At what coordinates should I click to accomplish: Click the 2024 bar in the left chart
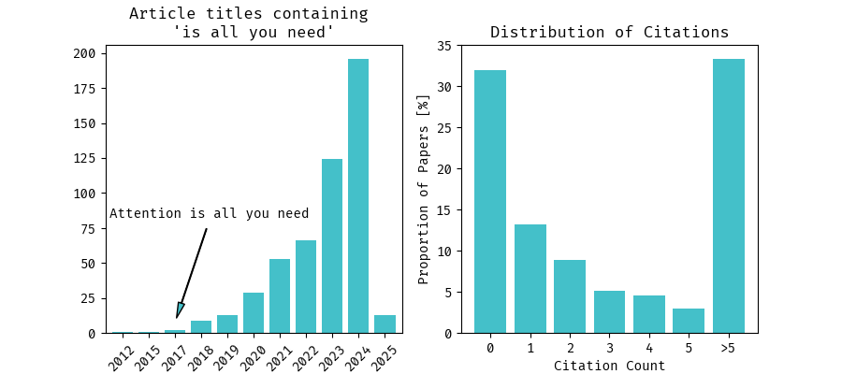[358, 196]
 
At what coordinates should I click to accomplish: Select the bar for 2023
[332, 246]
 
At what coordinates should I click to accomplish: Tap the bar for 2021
[280, 295]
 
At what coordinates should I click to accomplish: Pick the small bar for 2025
[385, 324]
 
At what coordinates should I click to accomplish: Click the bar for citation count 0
[490, 201]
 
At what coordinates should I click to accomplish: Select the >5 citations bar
[729, 196]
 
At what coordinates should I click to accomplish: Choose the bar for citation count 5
[689, 321]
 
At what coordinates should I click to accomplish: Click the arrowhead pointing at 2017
[180, 311]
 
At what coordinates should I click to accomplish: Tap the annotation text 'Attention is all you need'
[209, 213]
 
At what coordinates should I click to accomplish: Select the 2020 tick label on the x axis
[252, 356]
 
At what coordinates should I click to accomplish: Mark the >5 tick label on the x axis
[729, 349]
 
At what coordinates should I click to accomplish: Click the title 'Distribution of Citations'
[609, 33]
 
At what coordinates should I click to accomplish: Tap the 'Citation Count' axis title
[609, 366]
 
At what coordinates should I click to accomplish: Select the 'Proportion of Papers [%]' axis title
[423, 189]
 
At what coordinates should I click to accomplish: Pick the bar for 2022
[306, 286]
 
